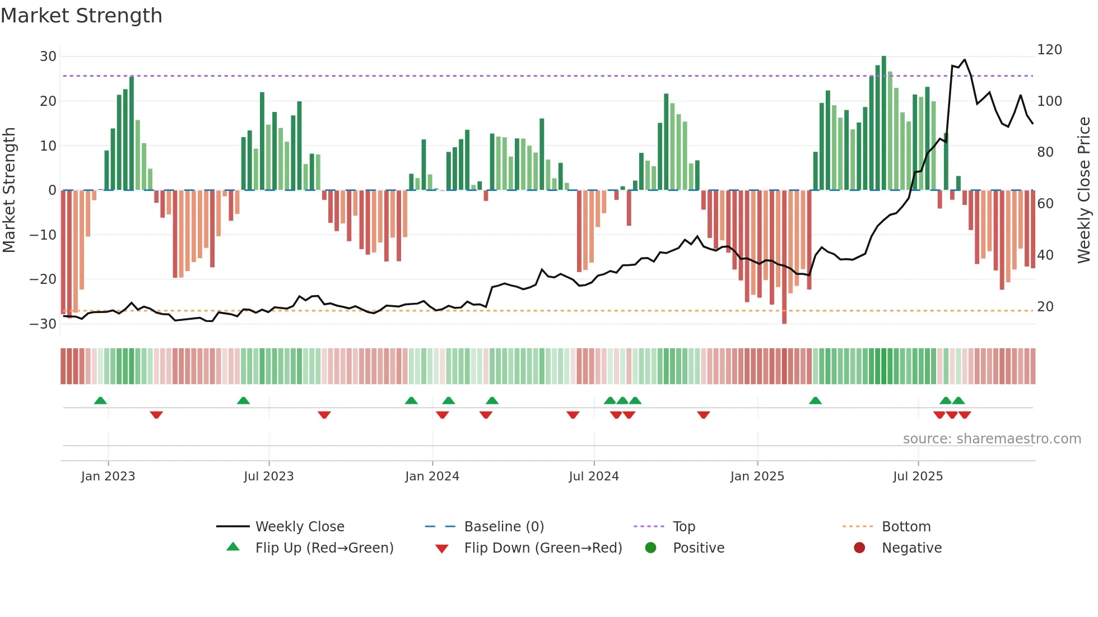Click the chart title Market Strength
82,16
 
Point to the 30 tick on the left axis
48,57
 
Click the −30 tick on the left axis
43,324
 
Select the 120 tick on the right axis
1049,50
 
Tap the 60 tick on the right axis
1045,204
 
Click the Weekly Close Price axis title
1084,190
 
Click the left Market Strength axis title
10,190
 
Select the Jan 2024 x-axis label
432,476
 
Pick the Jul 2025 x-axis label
918,476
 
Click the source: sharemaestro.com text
992,439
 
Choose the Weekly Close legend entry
300,527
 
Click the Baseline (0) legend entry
504,527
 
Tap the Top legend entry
683,527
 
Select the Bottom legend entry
906,527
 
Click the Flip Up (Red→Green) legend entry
324,548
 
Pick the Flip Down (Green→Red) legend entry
543,548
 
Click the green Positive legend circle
650,548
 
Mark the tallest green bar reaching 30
884,123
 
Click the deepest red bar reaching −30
784,258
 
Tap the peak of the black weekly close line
965,59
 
